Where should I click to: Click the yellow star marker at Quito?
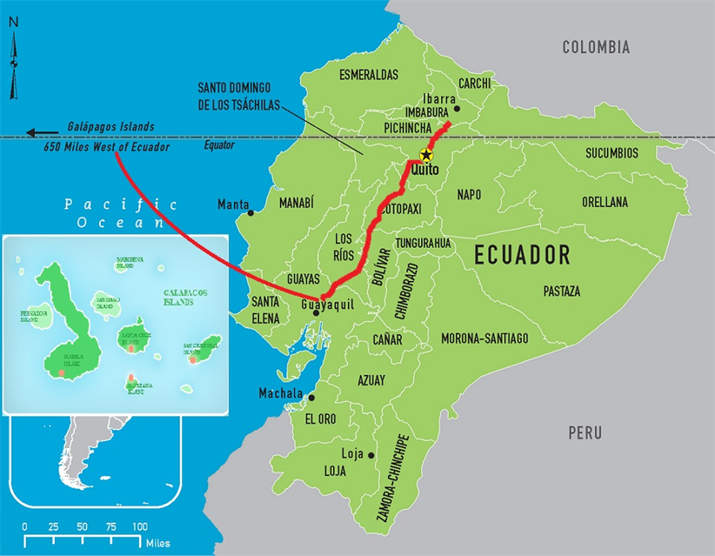point(427,155)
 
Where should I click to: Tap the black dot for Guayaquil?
point(316,313)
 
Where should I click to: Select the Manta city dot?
point(251,212)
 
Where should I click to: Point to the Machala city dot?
point(311,397)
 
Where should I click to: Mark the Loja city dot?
point(371,455)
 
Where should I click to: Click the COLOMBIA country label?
point(596,48)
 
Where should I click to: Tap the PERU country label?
point(585,434)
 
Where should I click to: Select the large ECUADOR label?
point(522,255)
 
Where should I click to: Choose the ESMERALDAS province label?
point(369,75)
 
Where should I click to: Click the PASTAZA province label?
point(562,292)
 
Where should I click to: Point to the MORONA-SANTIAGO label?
point(485,339)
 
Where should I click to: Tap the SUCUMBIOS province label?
point(612,153)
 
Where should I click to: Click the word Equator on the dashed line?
point(219,145)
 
